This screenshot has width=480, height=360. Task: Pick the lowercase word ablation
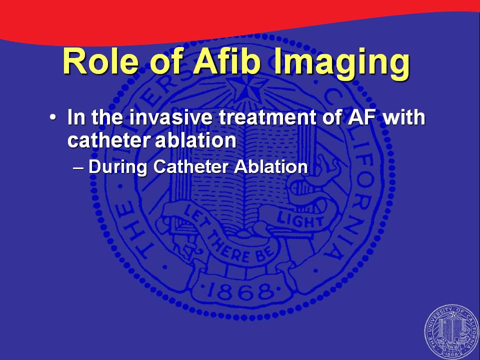(x=195, y=140)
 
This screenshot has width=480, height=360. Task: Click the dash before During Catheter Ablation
(x=78, y=168)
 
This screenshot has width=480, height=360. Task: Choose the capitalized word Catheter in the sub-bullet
(x=191, y=167)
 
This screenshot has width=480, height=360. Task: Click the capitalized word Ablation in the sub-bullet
(x=271, y=167)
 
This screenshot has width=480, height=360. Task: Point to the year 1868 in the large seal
(x=240, y=291)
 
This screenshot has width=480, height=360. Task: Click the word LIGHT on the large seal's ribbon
(x=300, y=221)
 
